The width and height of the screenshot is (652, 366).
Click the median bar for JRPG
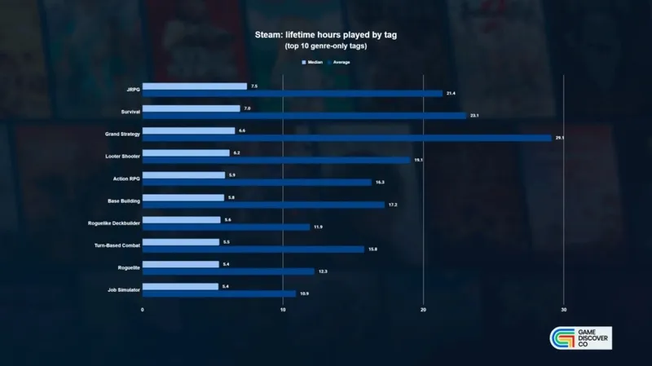point(195,86)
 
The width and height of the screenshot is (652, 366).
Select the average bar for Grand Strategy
point(347,138)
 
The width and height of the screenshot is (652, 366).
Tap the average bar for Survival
point(304,115)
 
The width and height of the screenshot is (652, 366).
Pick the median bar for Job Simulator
point(181,286)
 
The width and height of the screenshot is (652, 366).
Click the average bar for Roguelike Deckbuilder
point(227,227)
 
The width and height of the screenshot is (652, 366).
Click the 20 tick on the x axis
point(424,310)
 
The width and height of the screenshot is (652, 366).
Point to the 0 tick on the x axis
point(143,310)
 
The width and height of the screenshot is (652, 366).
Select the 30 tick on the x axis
point(564,310)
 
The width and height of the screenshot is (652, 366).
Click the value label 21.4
point(451,93)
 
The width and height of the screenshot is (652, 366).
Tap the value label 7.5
point(254,86)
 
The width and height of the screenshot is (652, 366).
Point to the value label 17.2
point(392,205)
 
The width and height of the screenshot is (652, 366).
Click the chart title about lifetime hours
point(325,36)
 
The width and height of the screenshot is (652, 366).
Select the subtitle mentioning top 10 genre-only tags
point(325,47)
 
